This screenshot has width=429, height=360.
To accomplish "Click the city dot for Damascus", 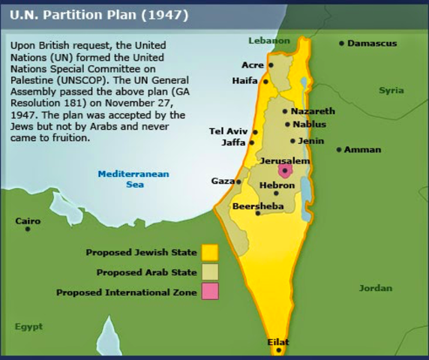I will [341, 43].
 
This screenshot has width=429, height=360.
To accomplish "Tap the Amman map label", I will [362, 149].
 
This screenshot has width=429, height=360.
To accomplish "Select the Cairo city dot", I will [28, 229].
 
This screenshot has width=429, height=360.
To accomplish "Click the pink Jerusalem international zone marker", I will [284, 171].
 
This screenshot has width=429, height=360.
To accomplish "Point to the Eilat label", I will [278, 342].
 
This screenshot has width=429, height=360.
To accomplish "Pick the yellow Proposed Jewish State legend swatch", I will [209, 252].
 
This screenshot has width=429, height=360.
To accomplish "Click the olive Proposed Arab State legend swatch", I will [209, 272].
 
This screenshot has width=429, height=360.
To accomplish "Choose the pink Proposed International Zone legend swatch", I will [209, 292].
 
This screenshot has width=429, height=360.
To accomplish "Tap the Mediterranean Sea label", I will [134, 178].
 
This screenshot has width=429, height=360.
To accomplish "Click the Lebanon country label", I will [268, 40].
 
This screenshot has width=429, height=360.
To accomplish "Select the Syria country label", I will [391, 90].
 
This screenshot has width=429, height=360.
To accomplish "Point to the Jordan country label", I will [375, 288].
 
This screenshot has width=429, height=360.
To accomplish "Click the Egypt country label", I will [28, 326].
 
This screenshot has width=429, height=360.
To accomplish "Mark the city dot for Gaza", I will [238, 181].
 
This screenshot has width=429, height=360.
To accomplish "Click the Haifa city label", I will [244, 80].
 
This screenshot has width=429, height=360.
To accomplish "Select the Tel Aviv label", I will [227, 131].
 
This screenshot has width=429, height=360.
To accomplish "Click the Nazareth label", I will [313, 111].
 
